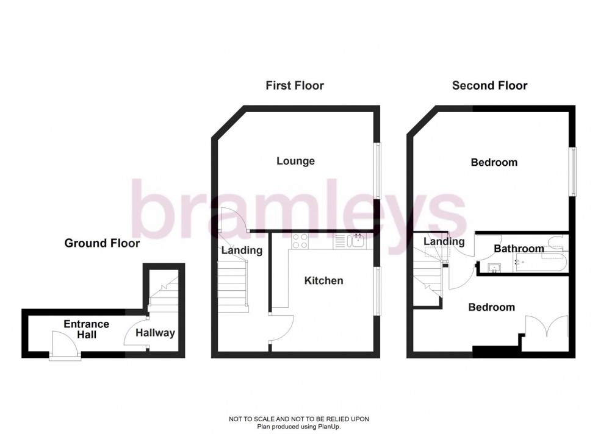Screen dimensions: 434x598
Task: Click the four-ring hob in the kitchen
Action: (300, 241)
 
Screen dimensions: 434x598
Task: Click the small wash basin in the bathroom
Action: (495, 267)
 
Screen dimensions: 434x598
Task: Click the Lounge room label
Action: (295, 161)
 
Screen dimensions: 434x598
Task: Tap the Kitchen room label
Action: (323, 280)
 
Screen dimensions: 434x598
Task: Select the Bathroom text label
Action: (519, 249)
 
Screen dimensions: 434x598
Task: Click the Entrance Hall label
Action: (86, 329)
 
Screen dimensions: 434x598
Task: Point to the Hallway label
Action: (155, 333)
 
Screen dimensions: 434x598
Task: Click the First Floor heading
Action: (295, 85)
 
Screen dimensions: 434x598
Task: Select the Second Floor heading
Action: (489, 85)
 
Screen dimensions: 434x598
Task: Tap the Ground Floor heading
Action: (102, 243)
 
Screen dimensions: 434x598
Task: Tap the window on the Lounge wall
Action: (377, 170)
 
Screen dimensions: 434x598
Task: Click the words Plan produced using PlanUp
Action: (298, 426)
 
